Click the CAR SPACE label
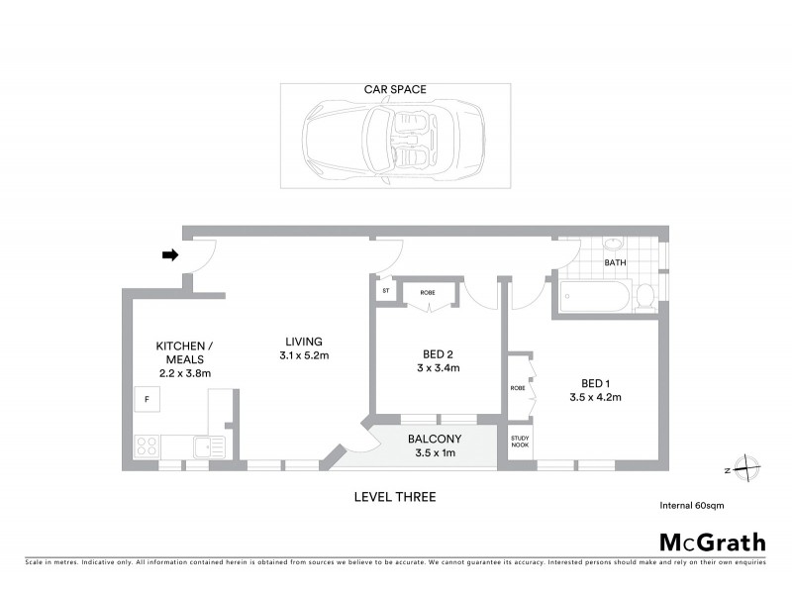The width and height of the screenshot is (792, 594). point(394,89)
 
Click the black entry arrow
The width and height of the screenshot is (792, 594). point(169,254)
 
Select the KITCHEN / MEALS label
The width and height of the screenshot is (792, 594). point(183,352)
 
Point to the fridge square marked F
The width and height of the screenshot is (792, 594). point(148,399)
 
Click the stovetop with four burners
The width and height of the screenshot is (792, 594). point(147,445)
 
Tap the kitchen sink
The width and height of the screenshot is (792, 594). point(209,446)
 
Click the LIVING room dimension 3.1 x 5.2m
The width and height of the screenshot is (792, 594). point(303,355)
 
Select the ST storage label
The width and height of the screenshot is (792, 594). point(384,292)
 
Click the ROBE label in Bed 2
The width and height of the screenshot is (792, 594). point(428,292)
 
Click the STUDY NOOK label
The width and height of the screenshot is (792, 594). point(520,443)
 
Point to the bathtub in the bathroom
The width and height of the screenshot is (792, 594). point(594,296)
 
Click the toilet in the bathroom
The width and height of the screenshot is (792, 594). point(644,295)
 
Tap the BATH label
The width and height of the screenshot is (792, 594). point(616,263)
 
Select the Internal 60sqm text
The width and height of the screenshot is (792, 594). point(692,505)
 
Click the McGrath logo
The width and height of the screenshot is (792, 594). point(712,542)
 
